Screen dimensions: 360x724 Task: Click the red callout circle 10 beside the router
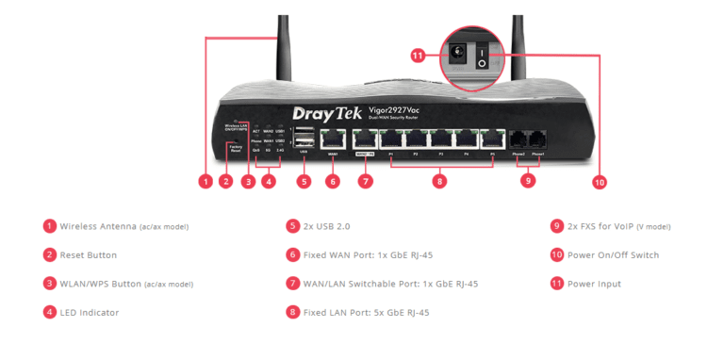click(x=598, y=181)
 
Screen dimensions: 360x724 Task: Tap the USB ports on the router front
click(x=303, y=137)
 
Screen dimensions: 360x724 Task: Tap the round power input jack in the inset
click(x=459, y=55)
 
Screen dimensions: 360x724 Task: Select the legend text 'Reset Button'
click(x=89, y=254)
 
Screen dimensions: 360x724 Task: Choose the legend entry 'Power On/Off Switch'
click(x=614, y=254)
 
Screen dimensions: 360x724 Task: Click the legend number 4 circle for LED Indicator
click(x=49, y=311)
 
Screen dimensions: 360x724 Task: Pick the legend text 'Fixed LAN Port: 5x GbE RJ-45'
click(x=367, y=311)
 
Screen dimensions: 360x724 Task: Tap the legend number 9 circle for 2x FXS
click(x=558, y=226)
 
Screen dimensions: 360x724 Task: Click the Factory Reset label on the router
click(x=235, y=148)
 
